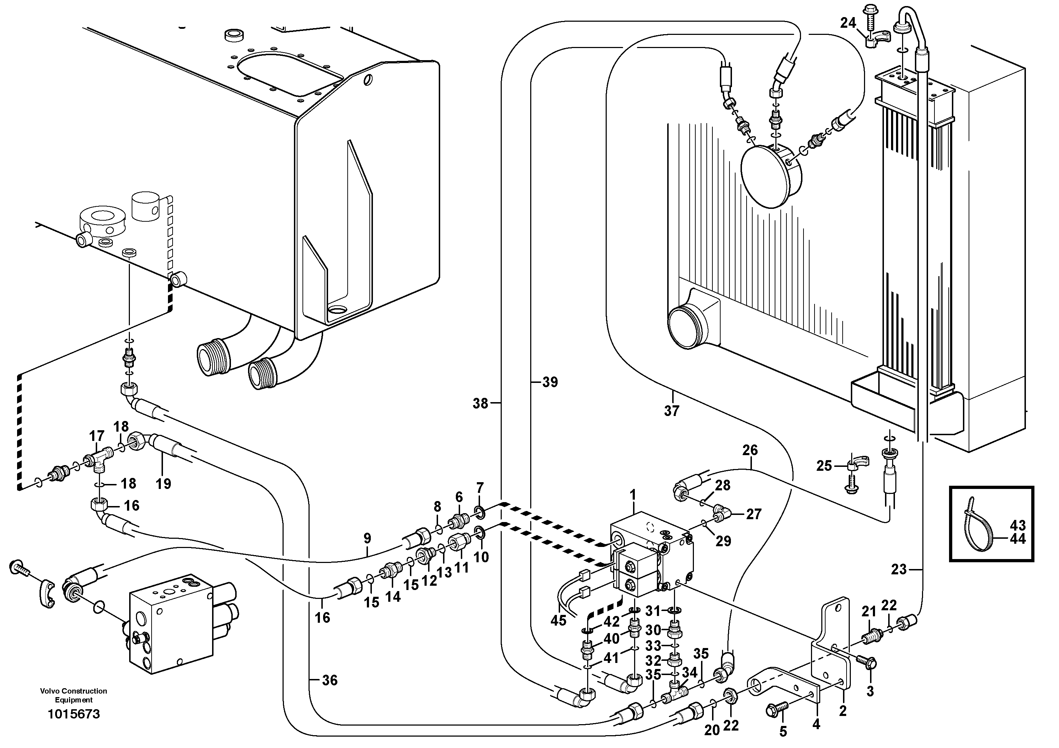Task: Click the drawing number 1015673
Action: coord(74,714)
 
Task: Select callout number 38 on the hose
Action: coord(480,404)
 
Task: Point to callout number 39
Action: coord(550,382)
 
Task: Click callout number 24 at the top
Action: coord(848,23)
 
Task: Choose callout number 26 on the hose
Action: coord(750,450)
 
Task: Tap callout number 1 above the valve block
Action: coord(633,495)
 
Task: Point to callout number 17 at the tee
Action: coord(97,436)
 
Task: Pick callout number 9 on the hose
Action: coord(367,538)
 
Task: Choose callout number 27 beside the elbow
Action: coord(753,514)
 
